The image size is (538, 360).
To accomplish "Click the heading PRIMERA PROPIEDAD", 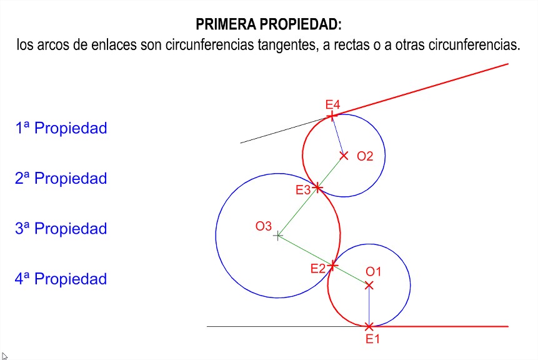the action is point(269,24).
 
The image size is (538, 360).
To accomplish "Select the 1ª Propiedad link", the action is point(61,128).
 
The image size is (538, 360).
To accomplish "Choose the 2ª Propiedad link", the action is point(61,179).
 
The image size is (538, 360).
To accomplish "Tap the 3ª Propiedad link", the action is point(61,229).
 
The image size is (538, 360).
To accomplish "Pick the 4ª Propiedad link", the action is point(61,279).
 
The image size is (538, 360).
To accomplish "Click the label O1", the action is point(373,272).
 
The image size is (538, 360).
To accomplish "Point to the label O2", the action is point(365,156).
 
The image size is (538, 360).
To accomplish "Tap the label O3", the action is point(264,226).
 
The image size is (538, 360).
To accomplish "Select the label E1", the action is point(372,339).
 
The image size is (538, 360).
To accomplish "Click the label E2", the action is point(317,268).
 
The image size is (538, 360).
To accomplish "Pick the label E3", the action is point(303,190).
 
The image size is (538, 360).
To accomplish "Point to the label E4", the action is point(332,104).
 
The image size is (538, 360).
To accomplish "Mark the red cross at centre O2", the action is point(344,156).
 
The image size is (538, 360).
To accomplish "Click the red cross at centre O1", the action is point(369,285).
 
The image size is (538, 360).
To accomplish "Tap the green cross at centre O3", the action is point(277,236).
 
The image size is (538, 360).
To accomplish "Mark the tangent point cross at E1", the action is point(369,326).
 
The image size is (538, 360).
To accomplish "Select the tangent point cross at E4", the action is point(332,116).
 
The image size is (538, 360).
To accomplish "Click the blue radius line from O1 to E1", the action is point(369,306).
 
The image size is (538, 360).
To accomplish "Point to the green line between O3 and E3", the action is point(297,212).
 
